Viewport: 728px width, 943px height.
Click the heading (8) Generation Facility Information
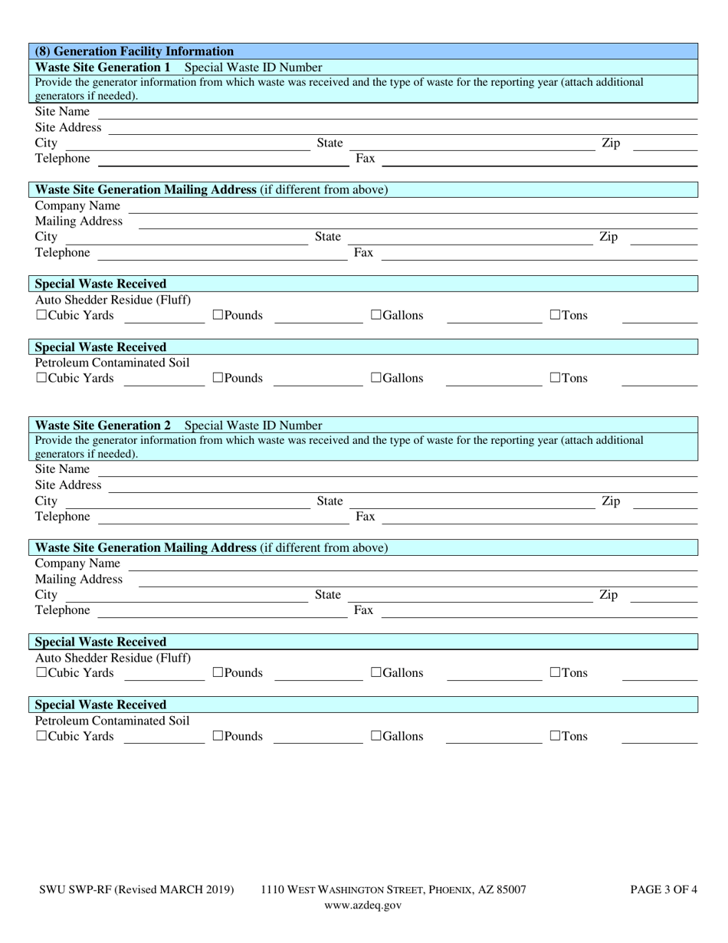point(134,51)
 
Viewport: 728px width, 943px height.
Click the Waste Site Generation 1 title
point(103,67)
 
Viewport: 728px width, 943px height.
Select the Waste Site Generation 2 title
point(103,426)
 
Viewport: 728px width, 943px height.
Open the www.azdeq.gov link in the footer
point(362,905)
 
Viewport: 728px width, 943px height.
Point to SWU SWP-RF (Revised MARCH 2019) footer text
point(136,890)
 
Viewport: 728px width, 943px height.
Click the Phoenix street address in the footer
point(393,890)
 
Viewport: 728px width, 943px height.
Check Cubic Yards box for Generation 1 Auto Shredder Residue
point(41,315)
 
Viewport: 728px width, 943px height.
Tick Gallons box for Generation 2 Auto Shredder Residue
point(376,673)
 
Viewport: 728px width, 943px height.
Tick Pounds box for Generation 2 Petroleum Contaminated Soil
point(218,736)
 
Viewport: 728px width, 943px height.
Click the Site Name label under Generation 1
point(62,112)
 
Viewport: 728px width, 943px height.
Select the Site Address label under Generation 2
point(68,485)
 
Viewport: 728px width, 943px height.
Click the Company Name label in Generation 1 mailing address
point(77,205)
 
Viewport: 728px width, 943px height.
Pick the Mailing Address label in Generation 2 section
point(79,579)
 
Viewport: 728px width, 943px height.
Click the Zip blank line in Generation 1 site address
point(664,146)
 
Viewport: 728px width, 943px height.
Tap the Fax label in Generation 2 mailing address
point(363,610)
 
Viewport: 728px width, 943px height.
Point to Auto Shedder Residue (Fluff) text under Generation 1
point(113,300)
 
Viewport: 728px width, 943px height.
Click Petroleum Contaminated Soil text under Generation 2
point(112,721)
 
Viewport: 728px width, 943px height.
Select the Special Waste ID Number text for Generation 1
point(253,67)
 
